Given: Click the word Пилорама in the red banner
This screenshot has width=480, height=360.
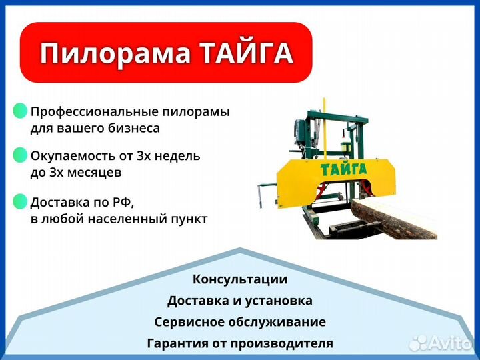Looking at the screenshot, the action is [x=115, y=53].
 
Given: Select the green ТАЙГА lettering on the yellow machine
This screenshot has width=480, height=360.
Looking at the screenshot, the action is [x=343, y=169].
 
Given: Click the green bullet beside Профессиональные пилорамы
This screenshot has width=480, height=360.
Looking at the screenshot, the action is [x=20, y=111].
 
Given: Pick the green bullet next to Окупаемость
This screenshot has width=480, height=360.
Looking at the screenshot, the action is [x=20, y=155].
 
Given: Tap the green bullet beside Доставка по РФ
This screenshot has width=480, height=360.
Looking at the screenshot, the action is [x=20, y=201].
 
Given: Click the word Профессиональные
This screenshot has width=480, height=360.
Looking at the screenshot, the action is [x=94, y=112].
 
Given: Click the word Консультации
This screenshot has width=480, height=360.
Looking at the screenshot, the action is [x=240, y=279].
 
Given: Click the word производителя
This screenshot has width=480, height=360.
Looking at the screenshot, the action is [x=281, y=343].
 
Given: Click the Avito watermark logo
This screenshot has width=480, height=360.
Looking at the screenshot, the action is [x=441, y=343].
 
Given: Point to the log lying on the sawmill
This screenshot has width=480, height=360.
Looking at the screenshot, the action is [x=394, y=218].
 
